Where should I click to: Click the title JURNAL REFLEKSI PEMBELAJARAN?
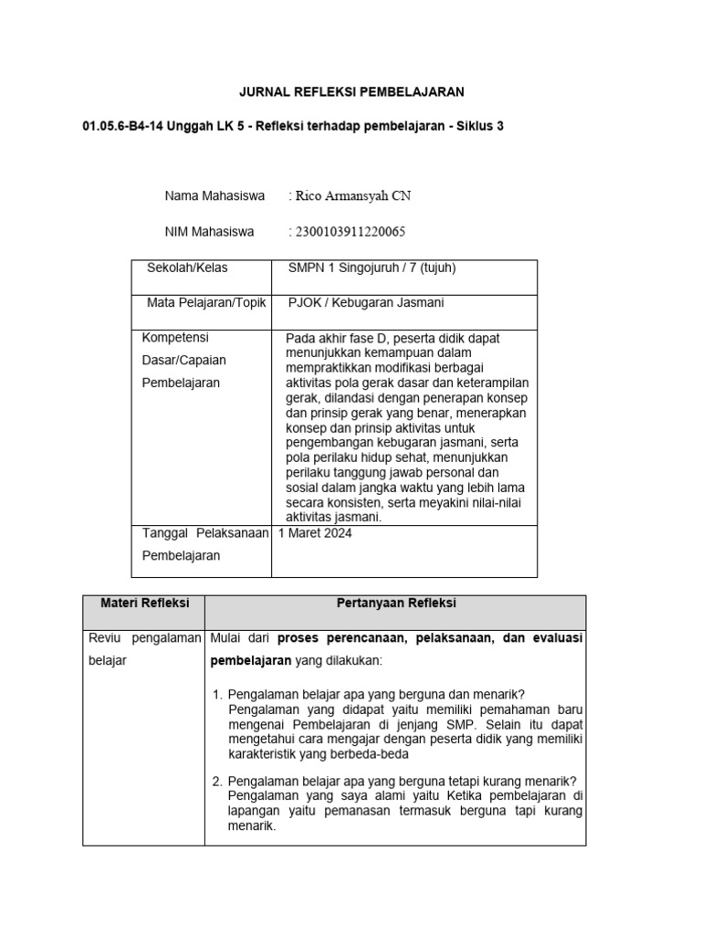pyautogui.click(x=351, y=92)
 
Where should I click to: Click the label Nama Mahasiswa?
pyautogui.click(x=214, y=196)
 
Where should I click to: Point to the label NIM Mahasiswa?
pyautogui.click(x=209, y=232)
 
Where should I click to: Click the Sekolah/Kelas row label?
pyautogui.click(x=187, y=268)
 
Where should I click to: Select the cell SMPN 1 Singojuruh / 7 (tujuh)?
pyautogui.click(x=371, y=268)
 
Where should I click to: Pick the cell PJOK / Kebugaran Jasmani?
pyautogui.click(x=365, y=303)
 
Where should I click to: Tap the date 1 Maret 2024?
pyautogui.click(x=315, y=534)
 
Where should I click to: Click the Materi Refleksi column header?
pyautogui.click(x=143, y=604)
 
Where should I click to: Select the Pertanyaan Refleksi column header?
pyautogui.click(x=396, y=604)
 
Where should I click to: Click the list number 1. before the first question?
pyautogui.click(x=217, y=694)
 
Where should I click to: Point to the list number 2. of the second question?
pyautogui.click(x=217, y=781)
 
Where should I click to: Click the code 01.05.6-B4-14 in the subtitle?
pyautogui.click(x=123, y=126)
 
